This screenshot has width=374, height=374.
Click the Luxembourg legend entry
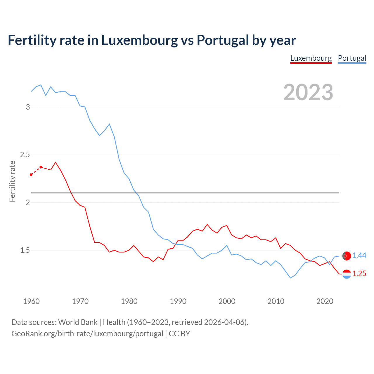pos(311,58)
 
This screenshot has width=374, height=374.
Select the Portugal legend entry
pos(352,58)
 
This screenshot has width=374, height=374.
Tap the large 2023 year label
pos(308,92)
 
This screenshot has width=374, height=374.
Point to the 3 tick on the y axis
pos(28,107)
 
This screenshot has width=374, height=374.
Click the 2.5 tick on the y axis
pos(25,155)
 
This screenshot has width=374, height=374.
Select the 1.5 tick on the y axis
pos(25,250)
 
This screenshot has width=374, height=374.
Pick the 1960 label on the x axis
pos(31,301)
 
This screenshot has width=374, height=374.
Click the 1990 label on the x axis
pos(178,301)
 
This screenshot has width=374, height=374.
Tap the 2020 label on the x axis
pos(325,301)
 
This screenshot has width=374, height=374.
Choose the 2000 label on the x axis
pos(227,301)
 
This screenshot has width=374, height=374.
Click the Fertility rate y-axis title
pos(12,181)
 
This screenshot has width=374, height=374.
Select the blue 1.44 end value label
pos(359,256)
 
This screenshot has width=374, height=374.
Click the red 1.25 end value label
pos(359,274)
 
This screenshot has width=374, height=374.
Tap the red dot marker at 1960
pos(31,175)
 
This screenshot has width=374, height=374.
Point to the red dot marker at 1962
pos(41,167)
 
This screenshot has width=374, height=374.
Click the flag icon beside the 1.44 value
pos(347,256)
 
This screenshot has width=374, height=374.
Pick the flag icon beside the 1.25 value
pos(347,274)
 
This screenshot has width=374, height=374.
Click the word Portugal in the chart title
pos(222,40)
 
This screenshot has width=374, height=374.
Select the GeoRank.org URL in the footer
pos(87,334)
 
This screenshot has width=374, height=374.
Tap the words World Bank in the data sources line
pos(78,322)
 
